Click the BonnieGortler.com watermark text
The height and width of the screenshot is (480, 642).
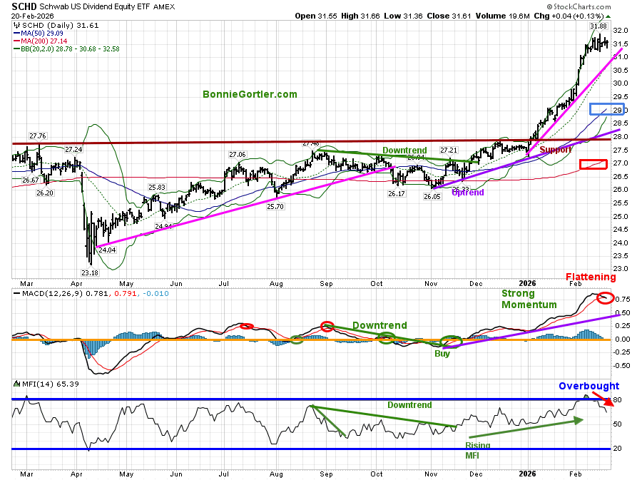click(249, 93)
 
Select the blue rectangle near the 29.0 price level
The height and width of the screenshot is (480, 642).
click(607, 109)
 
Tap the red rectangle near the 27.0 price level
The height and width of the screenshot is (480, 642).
click(593, 164)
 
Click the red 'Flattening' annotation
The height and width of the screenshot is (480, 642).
click(591, 277)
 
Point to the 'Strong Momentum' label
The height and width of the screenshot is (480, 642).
click(528, 299)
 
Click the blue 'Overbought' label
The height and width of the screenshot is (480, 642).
click(589, 386)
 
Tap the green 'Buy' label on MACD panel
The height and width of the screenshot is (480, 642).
click(442, 353)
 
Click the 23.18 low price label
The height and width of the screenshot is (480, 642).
click(89, 272)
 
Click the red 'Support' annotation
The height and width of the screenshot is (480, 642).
click(556, 150)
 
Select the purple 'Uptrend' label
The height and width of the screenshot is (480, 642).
click(468, 193)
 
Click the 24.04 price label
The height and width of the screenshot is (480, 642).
click(106, 250)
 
